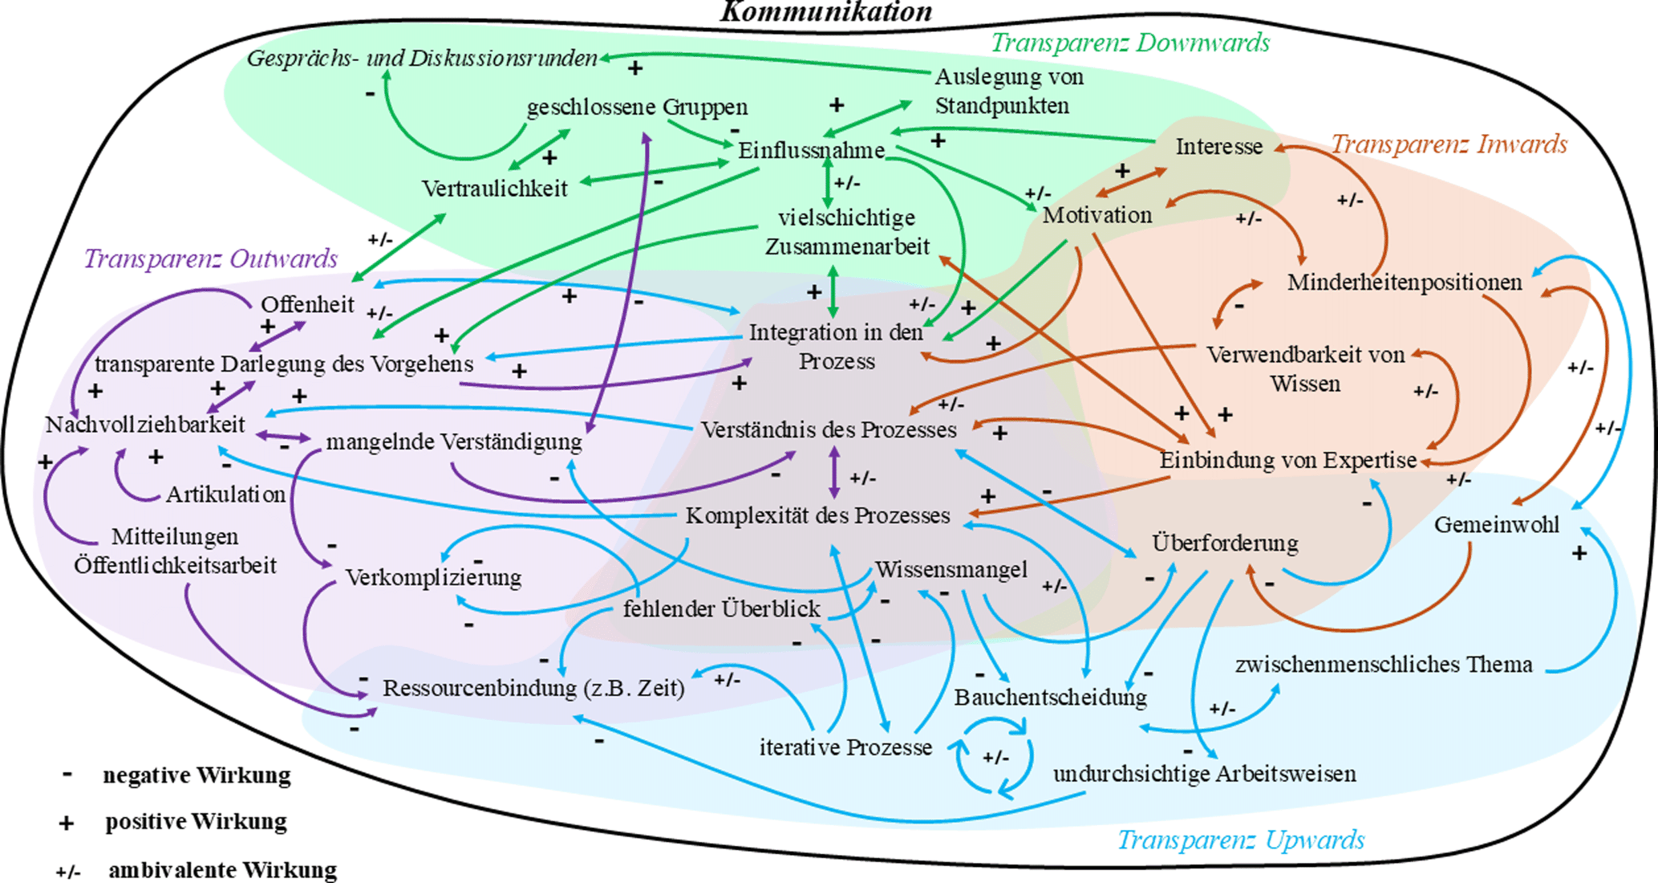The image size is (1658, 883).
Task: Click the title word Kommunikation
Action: click(x=826, y=12)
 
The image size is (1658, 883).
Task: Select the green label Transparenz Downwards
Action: click(x=1130, y=43)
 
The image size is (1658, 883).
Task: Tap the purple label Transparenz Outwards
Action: click(x=211, y=258)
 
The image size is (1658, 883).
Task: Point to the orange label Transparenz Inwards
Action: click(x=1449, y=144)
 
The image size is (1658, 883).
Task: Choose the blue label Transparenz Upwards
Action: click(x=1241, y=840)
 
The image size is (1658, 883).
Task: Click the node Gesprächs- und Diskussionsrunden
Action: click(x=422, y=59)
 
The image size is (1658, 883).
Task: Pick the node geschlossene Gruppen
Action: click(x=637, y=107)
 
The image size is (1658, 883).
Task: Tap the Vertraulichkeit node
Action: click(x=495, y=189)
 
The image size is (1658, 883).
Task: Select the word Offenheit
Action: click(x=307, y=304)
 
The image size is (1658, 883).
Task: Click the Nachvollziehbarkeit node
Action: click(x=145, y=424)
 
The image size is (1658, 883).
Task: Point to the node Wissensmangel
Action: click(x=951, y=569)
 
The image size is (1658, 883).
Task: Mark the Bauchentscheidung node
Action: click(x=1050, y=698)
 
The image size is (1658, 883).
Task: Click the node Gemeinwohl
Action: click(x=1497, y=525)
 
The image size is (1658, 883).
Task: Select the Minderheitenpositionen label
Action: click(x=1405, y=283)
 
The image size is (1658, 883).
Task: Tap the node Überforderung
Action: click(x=1225, y=543)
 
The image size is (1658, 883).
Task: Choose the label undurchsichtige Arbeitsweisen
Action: click(x=1205, y=774)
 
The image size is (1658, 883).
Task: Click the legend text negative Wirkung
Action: click(x=197, y=775)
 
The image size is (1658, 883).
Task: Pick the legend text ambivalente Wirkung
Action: click(x=223, y=870)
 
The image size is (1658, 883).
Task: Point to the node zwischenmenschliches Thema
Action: click(x=1384, y=665)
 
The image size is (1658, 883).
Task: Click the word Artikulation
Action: click(x=226, y=494)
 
